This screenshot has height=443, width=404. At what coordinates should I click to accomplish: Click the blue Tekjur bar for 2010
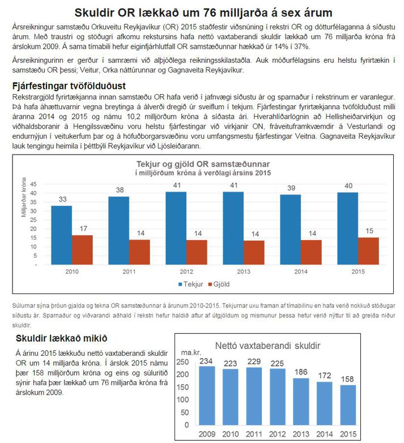tap(61, 235)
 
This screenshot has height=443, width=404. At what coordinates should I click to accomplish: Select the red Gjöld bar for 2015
tap(368, 251)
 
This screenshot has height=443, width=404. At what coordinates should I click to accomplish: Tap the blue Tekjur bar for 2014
tap(291, 229)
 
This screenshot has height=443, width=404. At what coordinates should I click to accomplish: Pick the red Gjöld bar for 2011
tap(139, 252)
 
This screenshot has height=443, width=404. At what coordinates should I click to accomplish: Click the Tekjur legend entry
tap(190, 284)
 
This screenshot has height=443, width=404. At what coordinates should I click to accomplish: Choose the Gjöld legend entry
tap(219, 284)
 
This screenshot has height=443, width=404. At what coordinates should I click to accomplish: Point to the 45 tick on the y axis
tap(33, 184)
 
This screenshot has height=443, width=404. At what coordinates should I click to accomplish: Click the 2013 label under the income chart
tap(244, 271)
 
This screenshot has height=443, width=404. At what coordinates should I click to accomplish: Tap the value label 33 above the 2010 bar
tap(62, 199)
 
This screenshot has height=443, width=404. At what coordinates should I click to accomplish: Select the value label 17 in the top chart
tap(83, 228)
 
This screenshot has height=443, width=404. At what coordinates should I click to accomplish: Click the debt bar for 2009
tap(207, 395)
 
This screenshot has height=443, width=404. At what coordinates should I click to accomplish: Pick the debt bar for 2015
tap(348, 405)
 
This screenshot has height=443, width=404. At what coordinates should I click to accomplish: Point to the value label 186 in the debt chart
tap(301, 372)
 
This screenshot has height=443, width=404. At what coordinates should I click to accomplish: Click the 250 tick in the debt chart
tap(182, 362)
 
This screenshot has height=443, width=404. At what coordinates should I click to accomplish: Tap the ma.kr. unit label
tap(191, 352)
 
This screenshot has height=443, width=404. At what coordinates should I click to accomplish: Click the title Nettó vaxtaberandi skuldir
tap(267, 346)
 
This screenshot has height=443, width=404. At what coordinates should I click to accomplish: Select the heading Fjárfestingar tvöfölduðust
tap(69, 86)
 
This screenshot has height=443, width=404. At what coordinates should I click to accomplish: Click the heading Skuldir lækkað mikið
tap(61, 338)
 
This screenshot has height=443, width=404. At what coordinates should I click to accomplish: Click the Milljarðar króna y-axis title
tap(24, 197)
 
